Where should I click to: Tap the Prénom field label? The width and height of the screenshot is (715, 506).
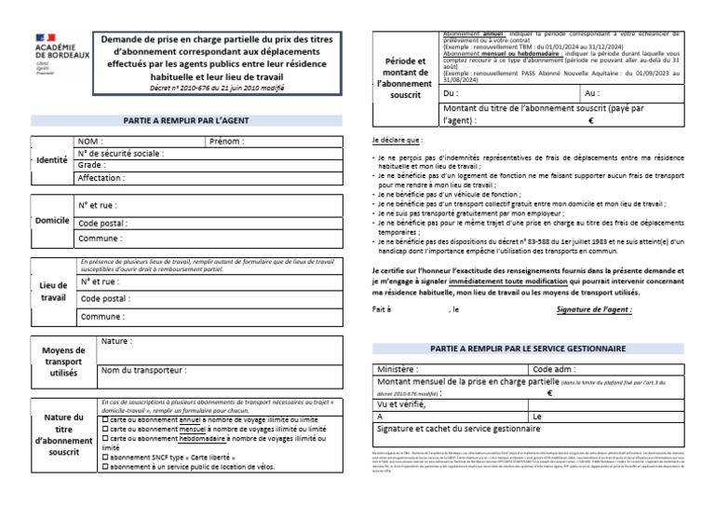pyautogui.click(x=227, y=142)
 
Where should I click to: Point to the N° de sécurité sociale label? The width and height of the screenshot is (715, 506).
pyautogui.click(x=121, y=153)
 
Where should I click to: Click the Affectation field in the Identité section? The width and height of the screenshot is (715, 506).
pyautogui.click(x=101, y=177)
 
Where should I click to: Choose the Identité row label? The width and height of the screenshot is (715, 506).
pyautogui.click(x=52, y=159)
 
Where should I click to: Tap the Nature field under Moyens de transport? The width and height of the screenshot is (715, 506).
pyautogui.click(x=116, y=342)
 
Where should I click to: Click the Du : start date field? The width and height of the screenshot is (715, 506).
pyautogui.click(x=452, y=94)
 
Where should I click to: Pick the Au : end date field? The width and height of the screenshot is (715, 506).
pyautogui.click(x=592, y=94)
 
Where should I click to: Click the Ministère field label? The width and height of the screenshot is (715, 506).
pyautogui.click(x=398, y=369)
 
